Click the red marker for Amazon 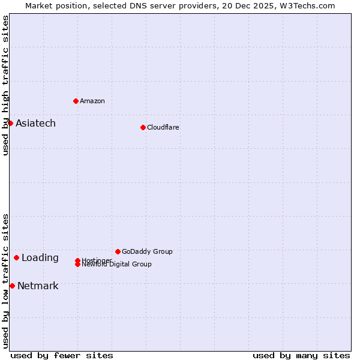coord(76,101)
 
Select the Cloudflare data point coord(143,127)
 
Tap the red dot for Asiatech coord(10,123)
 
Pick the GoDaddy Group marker coord(118,251)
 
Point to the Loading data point coord(16,257)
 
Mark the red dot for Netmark coord(12,286)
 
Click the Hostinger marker coord(77,260)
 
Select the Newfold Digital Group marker coord(77,264)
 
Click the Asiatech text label coord(35,124)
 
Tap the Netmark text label coord(38,286)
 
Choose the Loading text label coord(40,258)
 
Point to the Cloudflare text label coord(163,127)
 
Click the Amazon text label coord(92,101)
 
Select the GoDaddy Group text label coord(147,251)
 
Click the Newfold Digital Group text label coord(117,265)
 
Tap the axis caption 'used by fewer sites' coord(62,355)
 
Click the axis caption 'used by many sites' coord(301,355)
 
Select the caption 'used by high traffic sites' coord(6,85)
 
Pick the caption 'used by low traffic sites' coord(6,280)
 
